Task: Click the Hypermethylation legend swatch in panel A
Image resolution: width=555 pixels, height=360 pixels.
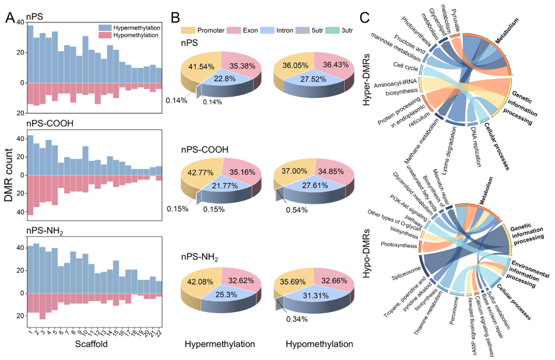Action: pos(106,28)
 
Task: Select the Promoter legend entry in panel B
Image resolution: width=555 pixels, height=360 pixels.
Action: pos(203,30)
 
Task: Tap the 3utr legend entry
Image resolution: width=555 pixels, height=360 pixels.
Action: pos(339,30)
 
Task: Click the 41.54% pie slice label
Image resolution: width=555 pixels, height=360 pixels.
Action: pos(201,66)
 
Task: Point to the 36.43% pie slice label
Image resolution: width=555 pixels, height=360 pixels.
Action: pos(336,65)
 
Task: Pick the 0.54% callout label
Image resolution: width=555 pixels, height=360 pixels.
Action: pos(297,210)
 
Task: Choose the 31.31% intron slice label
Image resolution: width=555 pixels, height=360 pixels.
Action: pos(315,296)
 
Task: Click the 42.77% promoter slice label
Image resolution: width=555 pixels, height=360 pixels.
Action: pos(201,172)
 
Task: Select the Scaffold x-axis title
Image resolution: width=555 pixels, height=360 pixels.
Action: pos(91,344)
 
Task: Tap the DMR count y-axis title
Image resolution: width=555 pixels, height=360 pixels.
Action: pos(8,175)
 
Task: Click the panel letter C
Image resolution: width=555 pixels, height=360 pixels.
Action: pos(365,17)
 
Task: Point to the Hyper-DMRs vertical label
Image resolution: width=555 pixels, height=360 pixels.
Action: pos(367,79)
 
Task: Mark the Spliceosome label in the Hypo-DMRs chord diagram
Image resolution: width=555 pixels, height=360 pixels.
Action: pos(406,273)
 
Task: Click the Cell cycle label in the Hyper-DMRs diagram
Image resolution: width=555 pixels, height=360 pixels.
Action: pos(405,66)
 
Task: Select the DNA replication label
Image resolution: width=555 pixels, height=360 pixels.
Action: pos(476,147)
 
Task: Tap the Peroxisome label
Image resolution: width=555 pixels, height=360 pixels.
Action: pos(454,310)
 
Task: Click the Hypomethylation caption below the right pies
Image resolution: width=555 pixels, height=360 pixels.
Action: pos(319,344)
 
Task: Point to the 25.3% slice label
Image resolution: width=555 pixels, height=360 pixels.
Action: pos(226,295)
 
